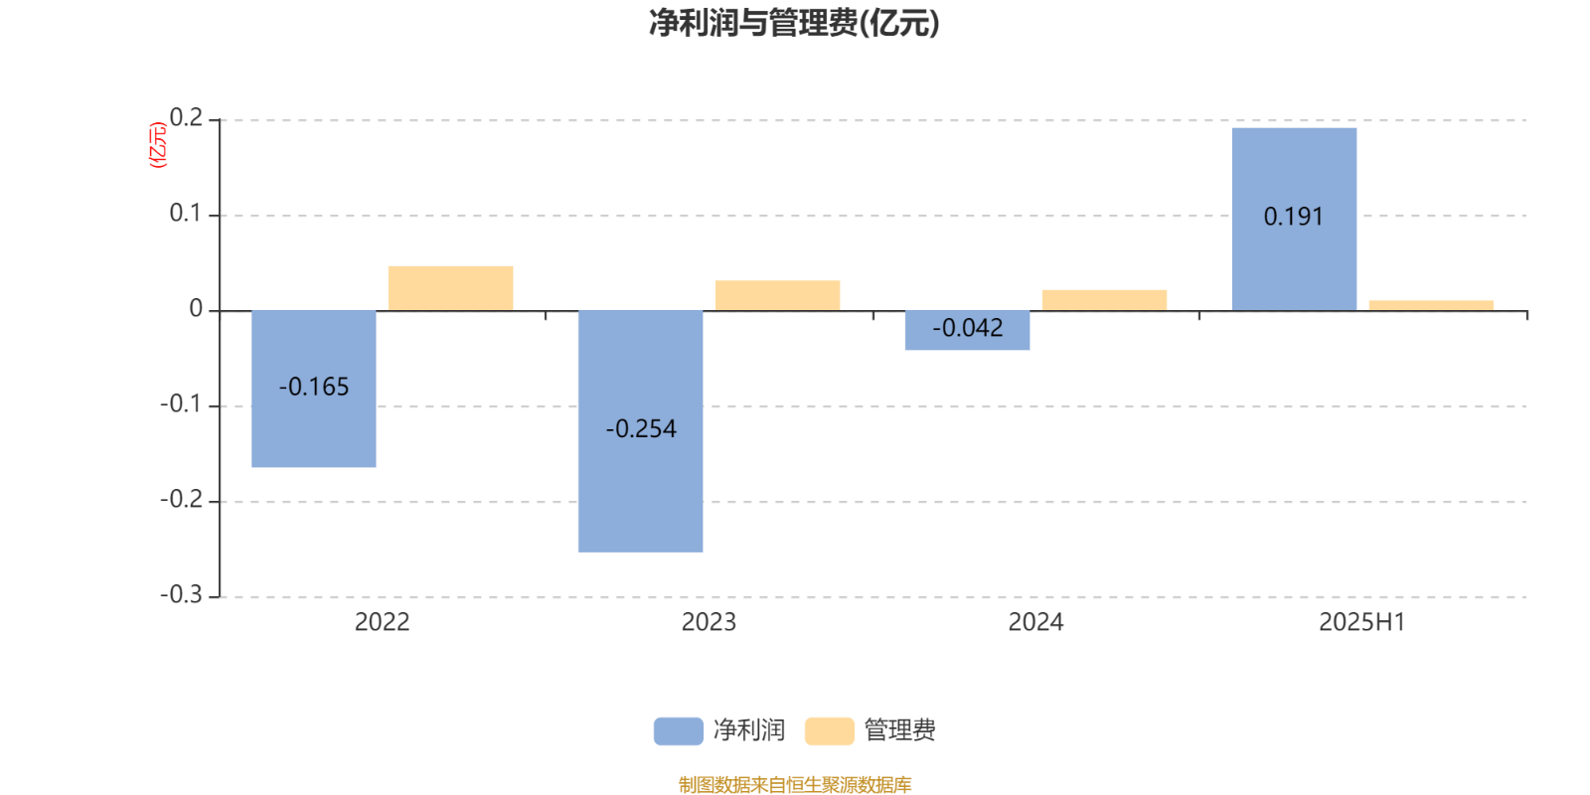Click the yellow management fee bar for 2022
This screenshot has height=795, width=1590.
450,288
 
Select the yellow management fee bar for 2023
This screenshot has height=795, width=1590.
777,295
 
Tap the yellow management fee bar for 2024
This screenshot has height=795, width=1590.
1104,300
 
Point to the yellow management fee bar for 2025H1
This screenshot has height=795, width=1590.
1431,305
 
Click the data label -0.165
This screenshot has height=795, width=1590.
314,387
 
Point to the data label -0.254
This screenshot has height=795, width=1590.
641,429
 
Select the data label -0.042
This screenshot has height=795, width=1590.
968,328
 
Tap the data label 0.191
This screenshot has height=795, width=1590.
1294,217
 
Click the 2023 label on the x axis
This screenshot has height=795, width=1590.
709,622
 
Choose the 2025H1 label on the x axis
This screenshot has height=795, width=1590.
1361,622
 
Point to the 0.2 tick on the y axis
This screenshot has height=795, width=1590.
186,118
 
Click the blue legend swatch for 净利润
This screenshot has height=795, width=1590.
678,731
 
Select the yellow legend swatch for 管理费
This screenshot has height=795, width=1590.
829,731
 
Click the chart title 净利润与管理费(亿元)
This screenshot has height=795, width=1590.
794,23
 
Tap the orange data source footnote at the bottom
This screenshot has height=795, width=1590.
794,785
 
